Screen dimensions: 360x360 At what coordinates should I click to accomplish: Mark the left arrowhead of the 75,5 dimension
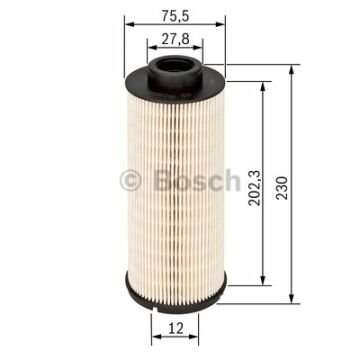pos(125,29)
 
